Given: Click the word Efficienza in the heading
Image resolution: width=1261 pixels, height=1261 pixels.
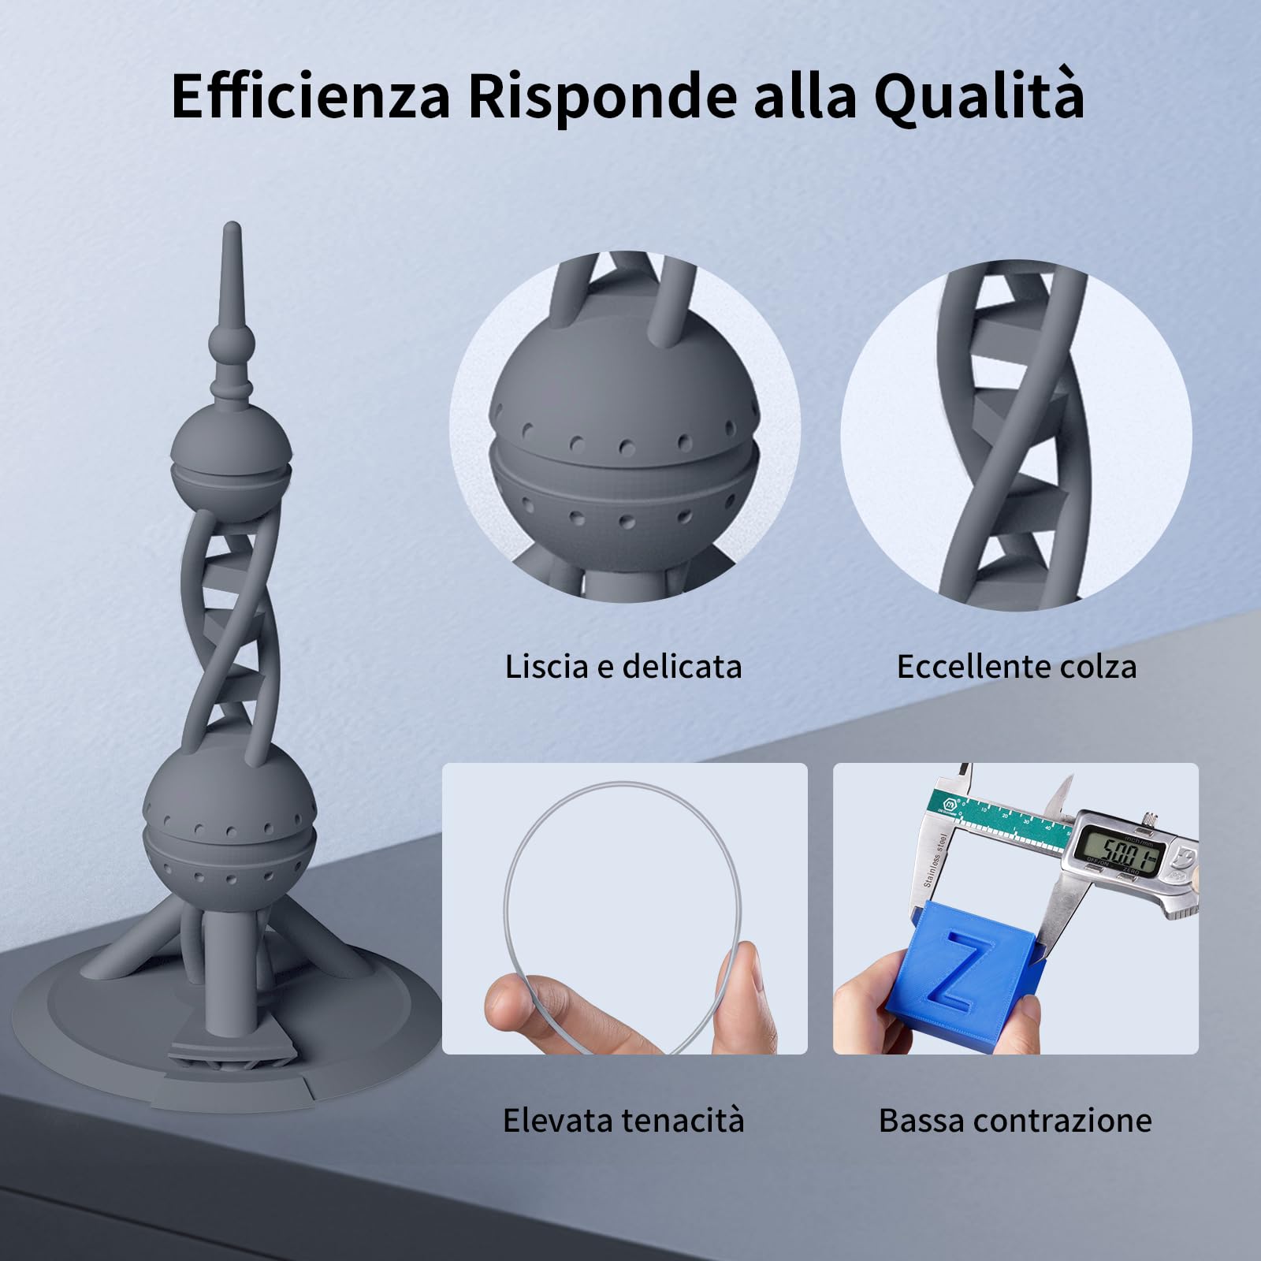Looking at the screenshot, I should tap(311, 96).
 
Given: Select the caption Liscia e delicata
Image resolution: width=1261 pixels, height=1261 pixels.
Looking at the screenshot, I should tap(623, 667).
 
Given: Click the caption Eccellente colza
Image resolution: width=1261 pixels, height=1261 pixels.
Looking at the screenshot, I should tap(1017, 667).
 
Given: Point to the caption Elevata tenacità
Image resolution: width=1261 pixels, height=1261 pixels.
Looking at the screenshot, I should tap(623, 1120).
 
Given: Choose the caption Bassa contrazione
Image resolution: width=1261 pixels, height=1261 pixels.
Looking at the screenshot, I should tap(1015, 1120).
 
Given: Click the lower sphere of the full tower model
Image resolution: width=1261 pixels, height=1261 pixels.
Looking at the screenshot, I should tap(229, 828).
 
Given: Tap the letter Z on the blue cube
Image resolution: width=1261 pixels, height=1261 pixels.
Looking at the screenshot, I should tap(958, 970).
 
